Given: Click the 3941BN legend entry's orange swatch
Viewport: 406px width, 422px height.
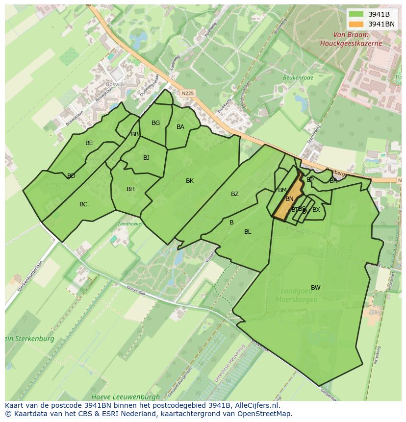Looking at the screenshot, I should pyautogui.click(x=356, y=24).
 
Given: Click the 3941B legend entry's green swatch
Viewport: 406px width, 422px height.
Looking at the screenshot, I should pyautogui.click(x=356, y=14).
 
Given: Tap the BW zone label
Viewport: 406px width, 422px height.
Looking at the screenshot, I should pyautogui.click(x=316, y=288).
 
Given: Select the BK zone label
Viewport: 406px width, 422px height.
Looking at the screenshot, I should pyautogui.click(x=190, y=181).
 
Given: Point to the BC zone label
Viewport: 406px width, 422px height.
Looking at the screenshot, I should pyautogui.click(x=83, y=204).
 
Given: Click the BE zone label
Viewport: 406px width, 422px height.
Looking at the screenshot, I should pyautogui.click(x=89, y=143).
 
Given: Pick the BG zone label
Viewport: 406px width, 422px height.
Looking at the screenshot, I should pyautogui.click(x=155, y=123).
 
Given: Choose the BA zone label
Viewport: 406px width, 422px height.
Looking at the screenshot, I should pyautogui.click(x=180, y=127).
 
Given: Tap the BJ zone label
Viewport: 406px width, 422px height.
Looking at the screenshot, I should pyautogui.click(x=146, y=158).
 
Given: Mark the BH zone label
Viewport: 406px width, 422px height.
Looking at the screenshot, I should pyautogui.click(x=130, y=189).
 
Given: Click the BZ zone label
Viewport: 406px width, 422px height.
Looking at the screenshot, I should pyautogui.click(x=235, y=194).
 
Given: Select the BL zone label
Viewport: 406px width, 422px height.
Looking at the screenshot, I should pyautogui.click(x=248, y=232).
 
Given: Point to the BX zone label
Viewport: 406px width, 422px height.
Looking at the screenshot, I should pyautogui.click(x=316, y=210).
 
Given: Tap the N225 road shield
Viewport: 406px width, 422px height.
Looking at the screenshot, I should pyautogui.click(x=187, y=93).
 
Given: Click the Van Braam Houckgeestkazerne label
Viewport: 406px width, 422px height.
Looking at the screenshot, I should pyautogui.click(x=351, y=39).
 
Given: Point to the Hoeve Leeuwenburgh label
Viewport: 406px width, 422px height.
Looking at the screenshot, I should pyautogui.click(x=126, y=397).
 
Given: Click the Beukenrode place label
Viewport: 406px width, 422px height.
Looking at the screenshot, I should pyautogui.click(x=298, y=77).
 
